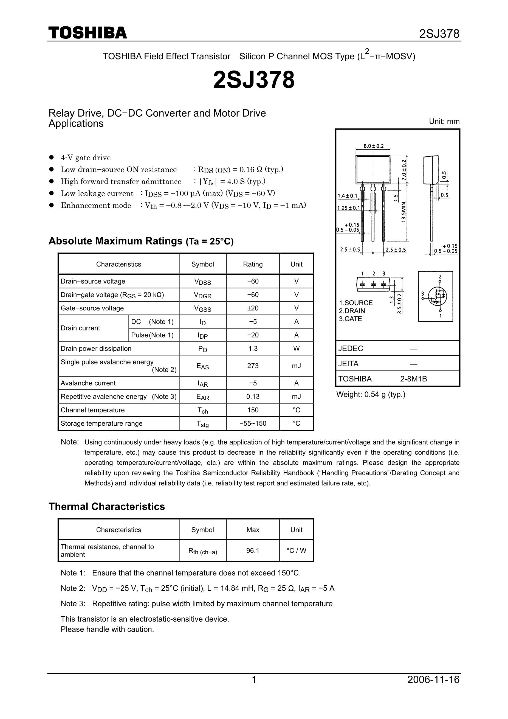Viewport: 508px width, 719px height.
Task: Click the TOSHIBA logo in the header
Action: click(x=88, y=33)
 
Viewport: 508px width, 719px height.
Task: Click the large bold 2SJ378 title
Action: click(x=254, y=80)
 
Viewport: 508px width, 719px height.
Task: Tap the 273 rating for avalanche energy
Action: click(x=253, y=366)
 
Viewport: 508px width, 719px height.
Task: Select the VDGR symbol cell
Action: click(x=202, y=295)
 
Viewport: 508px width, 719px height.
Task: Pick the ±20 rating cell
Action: click(x=253, y=308)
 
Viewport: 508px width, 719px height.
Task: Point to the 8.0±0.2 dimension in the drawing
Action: click(x=373, y=146)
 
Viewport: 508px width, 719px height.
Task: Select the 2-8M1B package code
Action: click(x=413, y=379)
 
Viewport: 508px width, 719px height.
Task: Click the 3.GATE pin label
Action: click(x=350, y=319)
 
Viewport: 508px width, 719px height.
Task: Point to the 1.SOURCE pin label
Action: click(x=356, y=303)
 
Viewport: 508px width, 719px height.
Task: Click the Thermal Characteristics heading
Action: click(x=107, y=506)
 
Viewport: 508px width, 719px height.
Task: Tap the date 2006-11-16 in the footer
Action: click(x=433, y=688)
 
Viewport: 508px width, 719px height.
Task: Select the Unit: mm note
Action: click(x=444, y=122)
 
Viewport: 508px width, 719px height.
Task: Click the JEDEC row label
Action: click(x=351, y=349)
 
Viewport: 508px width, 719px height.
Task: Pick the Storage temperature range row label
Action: click(x=101, y=423)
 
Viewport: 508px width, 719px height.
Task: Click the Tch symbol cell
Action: click(x=202, y=410)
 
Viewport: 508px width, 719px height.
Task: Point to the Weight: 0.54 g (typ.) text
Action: click(x=371, y=395)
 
